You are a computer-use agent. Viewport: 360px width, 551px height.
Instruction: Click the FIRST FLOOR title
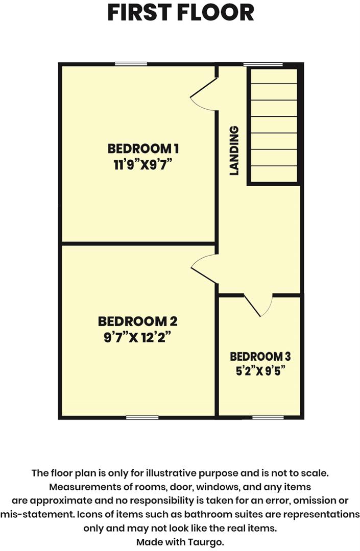coord(180,13)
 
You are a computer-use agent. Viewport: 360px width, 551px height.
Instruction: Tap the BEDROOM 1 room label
coord(143,149)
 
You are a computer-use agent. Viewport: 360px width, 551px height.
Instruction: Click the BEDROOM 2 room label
coord(137,321)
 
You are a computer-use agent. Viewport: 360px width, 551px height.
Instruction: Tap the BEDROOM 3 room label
coord(260,357)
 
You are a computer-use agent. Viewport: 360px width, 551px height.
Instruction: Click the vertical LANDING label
coord(234,151)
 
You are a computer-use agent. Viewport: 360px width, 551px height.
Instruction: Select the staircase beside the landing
coord(273,125)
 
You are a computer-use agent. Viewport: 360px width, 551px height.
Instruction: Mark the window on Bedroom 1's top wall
coord(131,64)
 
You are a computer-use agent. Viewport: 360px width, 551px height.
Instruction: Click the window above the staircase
coord(263,64)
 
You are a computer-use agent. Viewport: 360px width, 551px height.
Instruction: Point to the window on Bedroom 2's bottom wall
coord(142,417)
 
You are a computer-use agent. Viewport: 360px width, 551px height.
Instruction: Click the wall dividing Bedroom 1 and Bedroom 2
coord(138,243)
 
